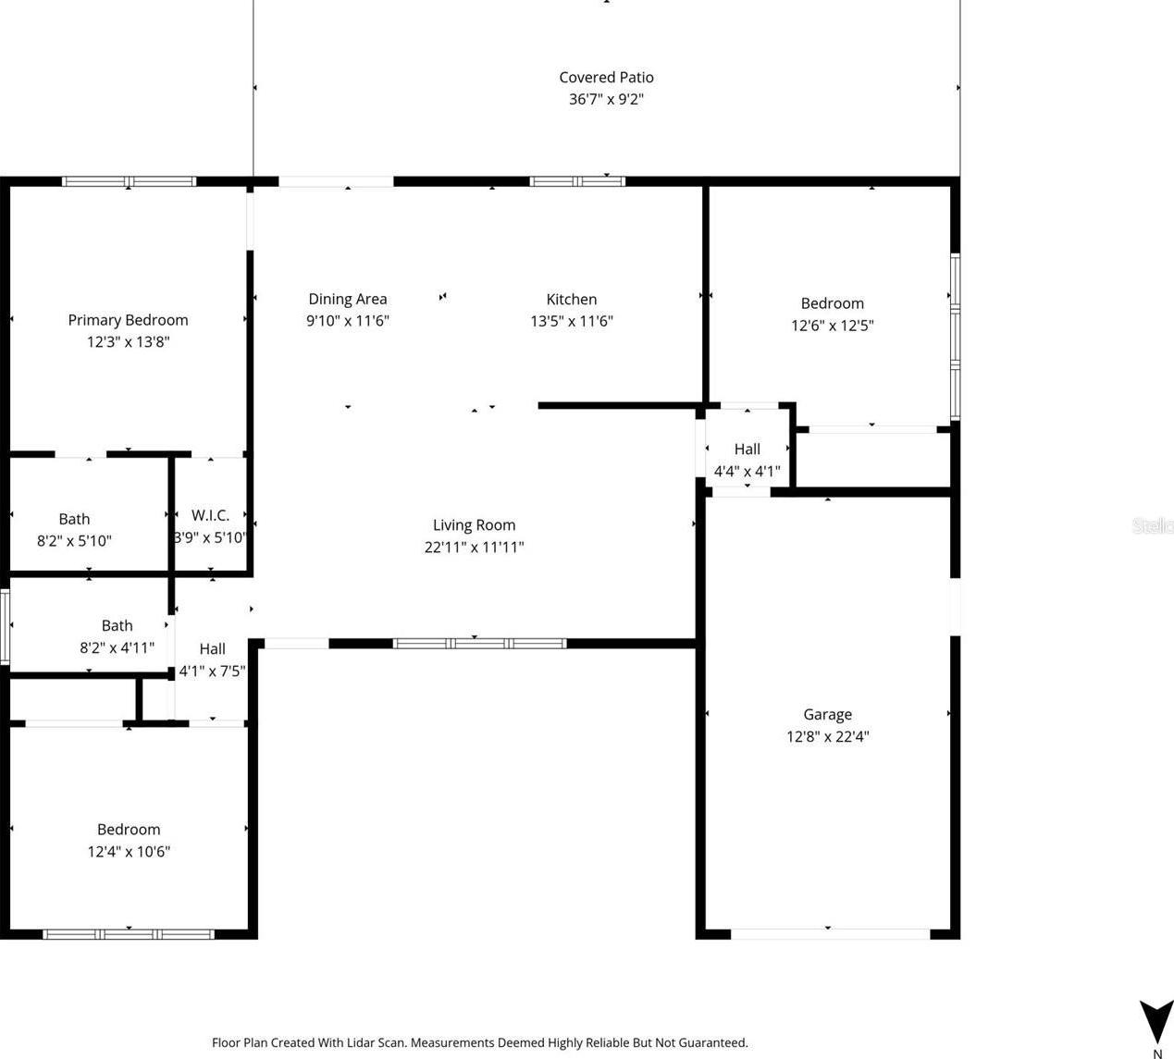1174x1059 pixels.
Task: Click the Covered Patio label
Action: pyautogui.click(x=606, y=78)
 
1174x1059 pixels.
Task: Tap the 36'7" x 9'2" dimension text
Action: pyautogui.click(x=606, y=99)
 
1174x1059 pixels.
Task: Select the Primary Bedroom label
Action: pyautogui.click(x=129, y=320)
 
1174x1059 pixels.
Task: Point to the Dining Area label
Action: pyautogui.click(x=348, y=299)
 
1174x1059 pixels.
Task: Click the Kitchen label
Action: pyautogui.click(x=571, y=299)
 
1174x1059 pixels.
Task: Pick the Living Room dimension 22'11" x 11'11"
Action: pyautogui.click(x=474, y=547)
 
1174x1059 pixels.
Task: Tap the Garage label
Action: pyautogui.click(x=827, y=714)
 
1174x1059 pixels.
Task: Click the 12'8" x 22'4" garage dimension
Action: pyautogui.click(x=827, y=736)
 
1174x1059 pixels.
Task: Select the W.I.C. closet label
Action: pyautogui.click(x=210, y=515)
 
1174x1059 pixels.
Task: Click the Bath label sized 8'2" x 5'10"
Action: pyautogui.click(x=74, y=519)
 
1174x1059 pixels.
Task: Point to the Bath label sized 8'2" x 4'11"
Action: pyautogui.click(x=117, y=625)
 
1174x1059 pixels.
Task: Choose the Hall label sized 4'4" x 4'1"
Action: pyautogui.click(x=748, y=449)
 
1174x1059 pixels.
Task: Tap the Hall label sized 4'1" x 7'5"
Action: pyautogui.click(x=212, y=649)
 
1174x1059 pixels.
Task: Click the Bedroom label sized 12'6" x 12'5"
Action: pyautogui.click(x=833, y=303)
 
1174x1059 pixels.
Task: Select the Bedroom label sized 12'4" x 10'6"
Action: pyautogui.click(x=129, y=829)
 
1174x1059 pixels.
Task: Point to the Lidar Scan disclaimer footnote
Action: pyautogui.click(x=480, y=1042)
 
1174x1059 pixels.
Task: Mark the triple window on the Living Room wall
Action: pyautogui.click(x=480, y=644)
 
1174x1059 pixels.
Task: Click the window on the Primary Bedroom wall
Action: pyautogui.click(x=130, y=181)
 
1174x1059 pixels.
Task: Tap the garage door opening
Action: pyautogui.click(x=831, y=934)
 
